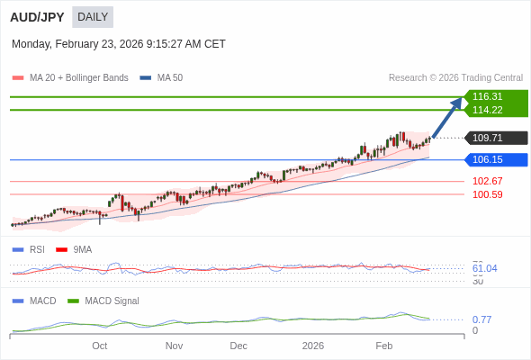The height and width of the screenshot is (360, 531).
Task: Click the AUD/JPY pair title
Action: tap(37, 17)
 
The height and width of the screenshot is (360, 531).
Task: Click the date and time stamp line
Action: tap(119, 44)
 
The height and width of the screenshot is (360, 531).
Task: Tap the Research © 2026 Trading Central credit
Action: tap(455, 78)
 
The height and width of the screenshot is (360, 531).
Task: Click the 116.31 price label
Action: tap(488, 96)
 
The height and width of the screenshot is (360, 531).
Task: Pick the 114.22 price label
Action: tap(488, 110)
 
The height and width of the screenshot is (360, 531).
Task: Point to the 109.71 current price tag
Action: tap(488, 138)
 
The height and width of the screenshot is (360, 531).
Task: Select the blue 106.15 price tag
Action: tap(488, 159)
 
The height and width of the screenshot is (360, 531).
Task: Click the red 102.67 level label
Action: tap(487, 181)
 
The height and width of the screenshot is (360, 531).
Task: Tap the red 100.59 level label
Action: tap(487, 194)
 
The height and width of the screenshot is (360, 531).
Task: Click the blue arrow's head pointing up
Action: tap(457, 102)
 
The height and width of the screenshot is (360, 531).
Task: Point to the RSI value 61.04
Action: tap(484, 268)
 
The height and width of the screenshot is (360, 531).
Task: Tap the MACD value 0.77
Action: tap(481, 319)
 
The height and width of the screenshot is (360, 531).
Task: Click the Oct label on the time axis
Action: tap(99, 346)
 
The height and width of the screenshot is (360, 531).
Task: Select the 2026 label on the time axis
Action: tap(313, 346)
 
